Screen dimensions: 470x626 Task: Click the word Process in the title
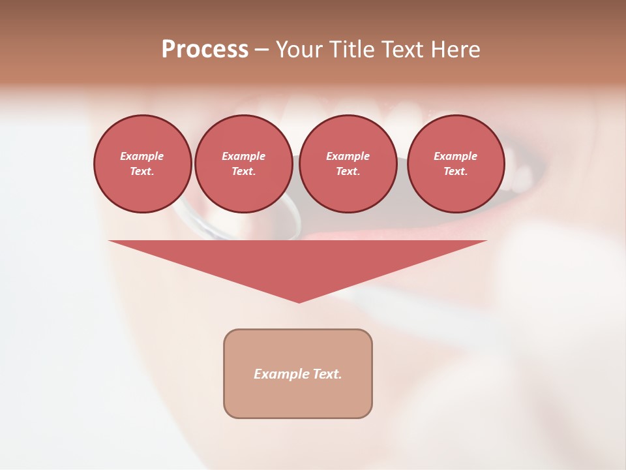pyautogui.click(x=205, y=50)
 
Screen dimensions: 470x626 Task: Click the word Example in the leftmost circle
pyautogui.click(x=142, y=156)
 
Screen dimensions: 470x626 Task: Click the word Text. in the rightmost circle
pyautogui.click(x=456, y=172)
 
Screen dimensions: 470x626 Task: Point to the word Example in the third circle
pyautogui.click(x=348, y=156)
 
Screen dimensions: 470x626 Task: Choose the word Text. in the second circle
pyautogui.click(x=243, y=172)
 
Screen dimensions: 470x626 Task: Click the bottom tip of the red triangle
pyautogui.click(x=299, y=302)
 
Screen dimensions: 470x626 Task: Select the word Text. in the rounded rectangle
pyautogui.click(x=327, y=374)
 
